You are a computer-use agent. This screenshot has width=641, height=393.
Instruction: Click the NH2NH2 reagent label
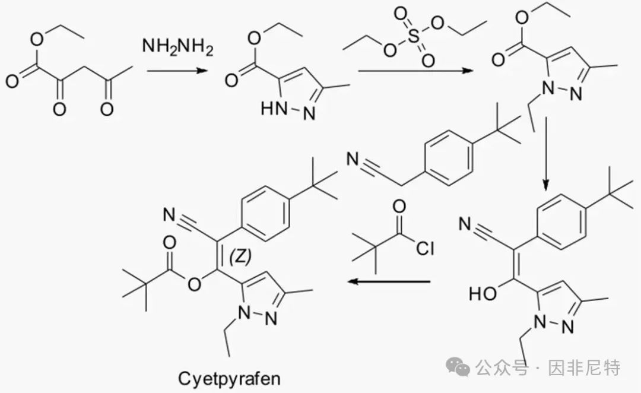coord(177,46)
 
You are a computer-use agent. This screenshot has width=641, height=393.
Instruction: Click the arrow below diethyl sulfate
coord(415,71)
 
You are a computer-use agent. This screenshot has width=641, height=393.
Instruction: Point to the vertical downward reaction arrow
coord(546,153)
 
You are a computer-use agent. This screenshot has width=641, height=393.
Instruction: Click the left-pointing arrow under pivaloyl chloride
coord(389,281)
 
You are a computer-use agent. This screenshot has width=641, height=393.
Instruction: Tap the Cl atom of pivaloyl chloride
coord(425,248)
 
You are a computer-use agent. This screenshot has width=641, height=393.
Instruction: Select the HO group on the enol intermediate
coord(483,293)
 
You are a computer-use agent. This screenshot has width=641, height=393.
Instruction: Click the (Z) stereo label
coord(240,257)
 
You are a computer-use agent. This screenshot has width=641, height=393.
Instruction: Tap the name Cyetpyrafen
coord(229,378)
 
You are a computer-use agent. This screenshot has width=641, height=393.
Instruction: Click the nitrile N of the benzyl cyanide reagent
coord(353,159)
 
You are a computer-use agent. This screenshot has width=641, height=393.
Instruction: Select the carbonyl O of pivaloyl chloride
coord(399,207)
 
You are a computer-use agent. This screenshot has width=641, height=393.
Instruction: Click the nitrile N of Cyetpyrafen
coord(170,215)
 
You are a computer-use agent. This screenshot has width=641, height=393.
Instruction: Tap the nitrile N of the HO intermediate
coord(466,224)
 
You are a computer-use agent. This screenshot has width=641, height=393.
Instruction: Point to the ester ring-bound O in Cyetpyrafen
coord(195,284)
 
